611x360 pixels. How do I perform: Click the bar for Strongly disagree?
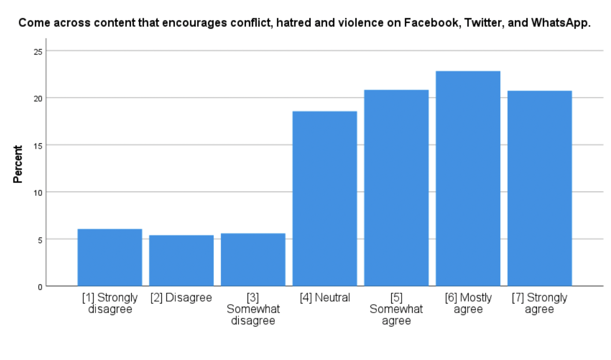(110, 257)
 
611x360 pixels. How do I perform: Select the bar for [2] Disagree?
(181, 260)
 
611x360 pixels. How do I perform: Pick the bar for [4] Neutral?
(325, 199)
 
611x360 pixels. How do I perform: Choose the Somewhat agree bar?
(396, 188)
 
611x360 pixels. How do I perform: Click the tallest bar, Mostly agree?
(468, 179)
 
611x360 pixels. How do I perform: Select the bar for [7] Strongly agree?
(540, 188)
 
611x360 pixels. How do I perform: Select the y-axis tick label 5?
(39, 239)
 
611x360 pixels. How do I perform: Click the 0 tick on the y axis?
(39, 286)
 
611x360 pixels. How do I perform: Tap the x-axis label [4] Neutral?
(325, 298)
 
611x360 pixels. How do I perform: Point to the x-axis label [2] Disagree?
(181, 298)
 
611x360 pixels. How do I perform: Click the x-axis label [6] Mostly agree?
(468, 303)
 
